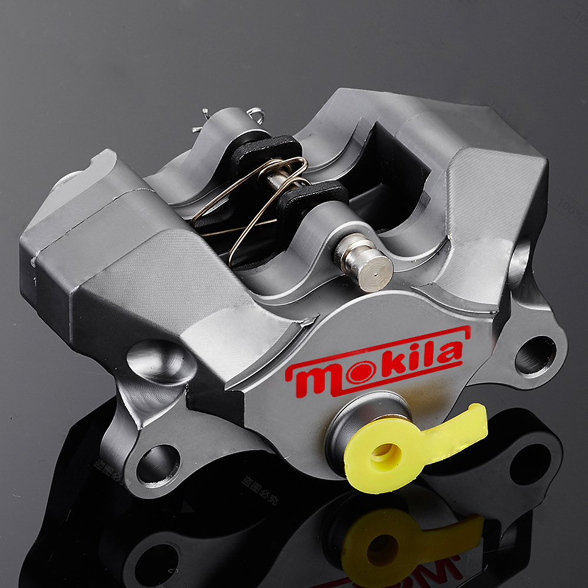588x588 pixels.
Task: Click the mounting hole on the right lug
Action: pos(534,354)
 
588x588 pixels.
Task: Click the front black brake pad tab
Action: pos(312,197)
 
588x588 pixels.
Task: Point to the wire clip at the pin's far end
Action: pos(256,115)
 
